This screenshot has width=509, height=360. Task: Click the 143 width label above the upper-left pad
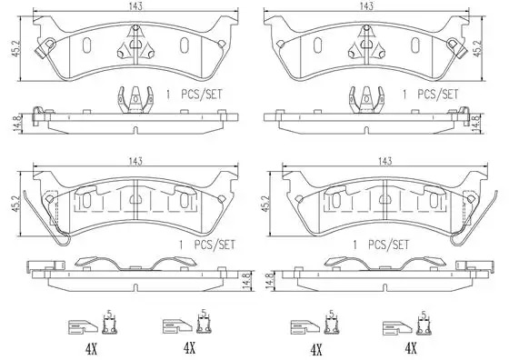coord(135,6)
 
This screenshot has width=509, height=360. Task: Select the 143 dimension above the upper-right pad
coord(366,6)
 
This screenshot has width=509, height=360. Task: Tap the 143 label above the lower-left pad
coord(135,161)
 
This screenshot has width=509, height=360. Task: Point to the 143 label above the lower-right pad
coord(384,161)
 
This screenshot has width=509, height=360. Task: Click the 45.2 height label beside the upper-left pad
coord(15,49)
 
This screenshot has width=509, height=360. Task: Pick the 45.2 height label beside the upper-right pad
coord(477,49)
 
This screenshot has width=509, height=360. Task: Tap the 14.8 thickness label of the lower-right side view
coord(269,281)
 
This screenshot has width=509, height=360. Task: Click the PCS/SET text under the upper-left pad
coord(201,95)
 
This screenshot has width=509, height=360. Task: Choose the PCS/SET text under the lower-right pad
coord(388,245)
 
